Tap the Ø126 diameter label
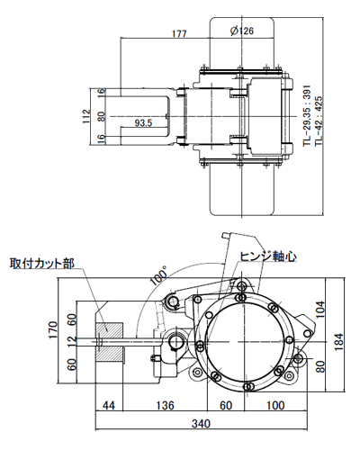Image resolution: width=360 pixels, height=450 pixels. coord(241,31)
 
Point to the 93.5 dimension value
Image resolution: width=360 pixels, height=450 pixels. coord(143,121)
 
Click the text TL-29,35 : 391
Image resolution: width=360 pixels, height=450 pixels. coord(306,118)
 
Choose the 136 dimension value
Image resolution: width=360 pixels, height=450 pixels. coord(165,406)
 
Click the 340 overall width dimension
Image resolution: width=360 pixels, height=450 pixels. coord(202,423)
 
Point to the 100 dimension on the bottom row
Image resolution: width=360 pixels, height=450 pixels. coord(273,406)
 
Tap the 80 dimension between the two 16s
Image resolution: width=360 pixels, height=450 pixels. coord(102,116)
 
